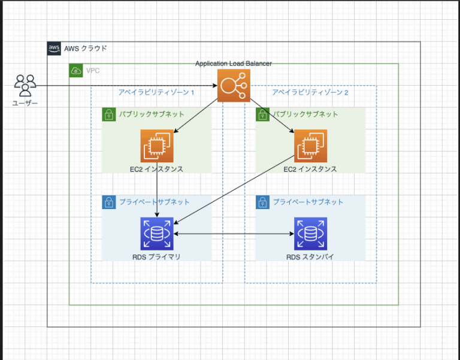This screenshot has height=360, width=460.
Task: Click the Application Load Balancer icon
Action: coord(234,86)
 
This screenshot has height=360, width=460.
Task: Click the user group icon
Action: coord(25,86)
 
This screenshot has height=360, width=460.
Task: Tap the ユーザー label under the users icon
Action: coord(25,104)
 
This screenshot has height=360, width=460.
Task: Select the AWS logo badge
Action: coord(55,49)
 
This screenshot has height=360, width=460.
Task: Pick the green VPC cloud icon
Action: coord(76,71)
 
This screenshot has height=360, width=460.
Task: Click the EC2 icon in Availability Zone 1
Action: coord(157,146)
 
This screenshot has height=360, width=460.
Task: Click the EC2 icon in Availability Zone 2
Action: coord(310,146)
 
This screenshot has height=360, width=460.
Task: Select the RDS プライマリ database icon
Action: coord(157,234)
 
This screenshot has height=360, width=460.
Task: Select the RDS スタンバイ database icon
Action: coord(310,234)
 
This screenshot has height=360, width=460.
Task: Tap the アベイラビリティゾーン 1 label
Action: coord(157,93)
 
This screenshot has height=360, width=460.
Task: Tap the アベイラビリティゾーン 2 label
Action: coord(310,93)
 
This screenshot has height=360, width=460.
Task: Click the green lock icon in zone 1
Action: coord(109,114)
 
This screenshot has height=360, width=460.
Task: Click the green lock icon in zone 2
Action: coord(262,114)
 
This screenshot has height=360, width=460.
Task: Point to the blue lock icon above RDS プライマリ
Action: coord(109,202)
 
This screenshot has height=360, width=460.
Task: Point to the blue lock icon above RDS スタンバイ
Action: coord(262,202)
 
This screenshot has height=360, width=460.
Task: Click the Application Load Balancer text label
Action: coord(234,63)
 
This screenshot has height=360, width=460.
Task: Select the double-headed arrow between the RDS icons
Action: coord(234,234)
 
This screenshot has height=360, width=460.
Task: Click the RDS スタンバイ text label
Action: coord(310,256)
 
